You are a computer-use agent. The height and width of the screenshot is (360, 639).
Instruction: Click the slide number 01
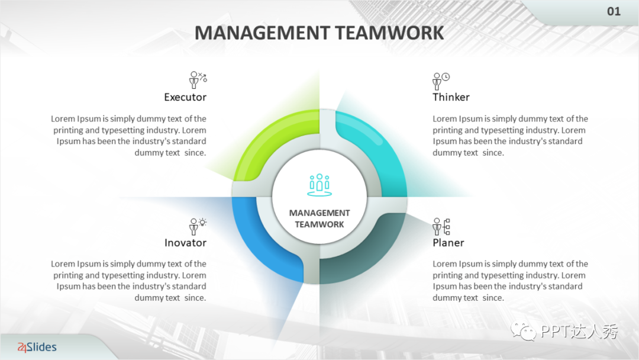(614, 11)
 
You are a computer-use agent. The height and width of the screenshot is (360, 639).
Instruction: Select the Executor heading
(185, 97)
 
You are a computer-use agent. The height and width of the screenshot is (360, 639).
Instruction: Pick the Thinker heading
(451, 97)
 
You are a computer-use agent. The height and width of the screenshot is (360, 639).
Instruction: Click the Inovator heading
(185, 243)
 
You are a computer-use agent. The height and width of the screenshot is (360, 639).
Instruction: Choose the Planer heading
(448, 243)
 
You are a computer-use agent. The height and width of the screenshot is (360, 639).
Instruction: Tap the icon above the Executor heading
(197, 79)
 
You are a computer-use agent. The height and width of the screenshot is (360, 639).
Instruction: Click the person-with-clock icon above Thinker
(441, 81)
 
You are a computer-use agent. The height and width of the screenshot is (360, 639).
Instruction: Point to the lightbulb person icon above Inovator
(197, 226)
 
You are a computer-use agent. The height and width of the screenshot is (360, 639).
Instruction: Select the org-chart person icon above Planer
(441, 226)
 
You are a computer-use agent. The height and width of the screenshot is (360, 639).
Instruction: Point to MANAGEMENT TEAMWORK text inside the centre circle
(319, 218)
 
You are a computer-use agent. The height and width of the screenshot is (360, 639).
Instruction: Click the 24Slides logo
(37, 347)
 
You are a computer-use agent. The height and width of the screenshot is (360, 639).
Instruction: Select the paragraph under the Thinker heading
(510, 136)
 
